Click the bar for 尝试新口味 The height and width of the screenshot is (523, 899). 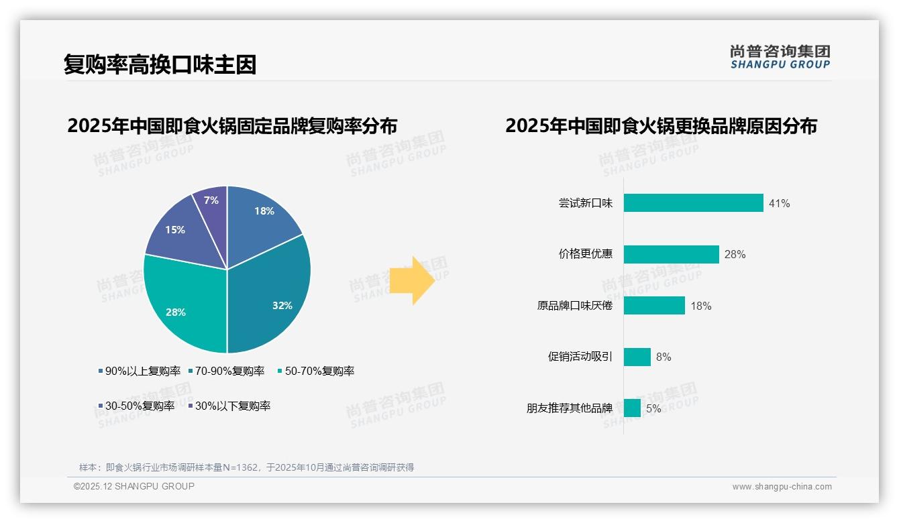tap(693, 203)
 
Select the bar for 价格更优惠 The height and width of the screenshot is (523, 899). tap(671, 254)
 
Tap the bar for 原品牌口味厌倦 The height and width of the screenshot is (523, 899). tap(654, 306)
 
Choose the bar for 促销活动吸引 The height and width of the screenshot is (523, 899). tap(637, 357)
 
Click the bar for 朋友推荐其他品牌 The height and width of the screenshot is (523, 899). tap(632, 408)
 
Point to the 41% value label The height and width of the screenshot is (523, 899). tap(780, 204)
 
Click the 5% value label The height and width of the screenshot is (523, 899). tap(653, 408)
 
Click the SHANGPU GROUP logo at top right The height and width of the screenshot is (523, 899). tap(780, 56)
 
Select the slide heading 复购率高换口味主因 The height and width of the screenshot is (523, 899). tap(160, 65)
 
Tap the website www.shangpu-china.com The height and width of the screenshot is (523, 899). tap(782, 487)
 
